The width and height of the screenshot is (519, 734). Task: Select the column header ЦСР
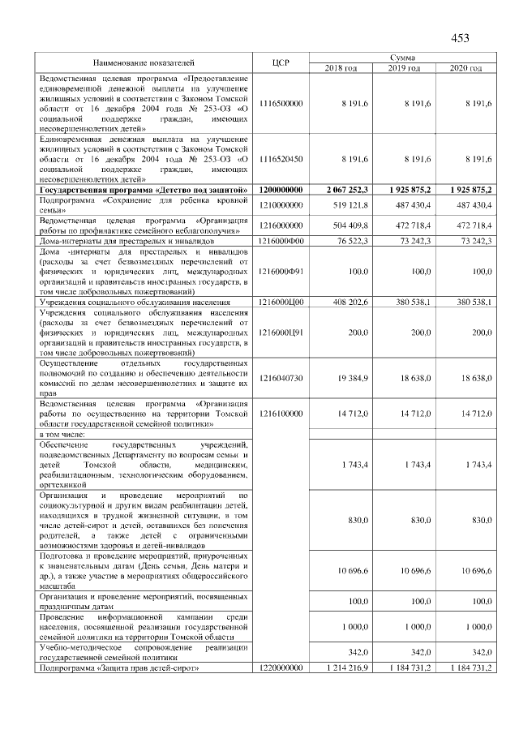pos(282,62)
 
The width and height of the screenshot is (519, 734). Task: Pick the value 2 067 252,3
pos(346,189)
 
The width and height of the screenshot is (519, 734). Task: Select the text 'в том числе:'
pos(64,434)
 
